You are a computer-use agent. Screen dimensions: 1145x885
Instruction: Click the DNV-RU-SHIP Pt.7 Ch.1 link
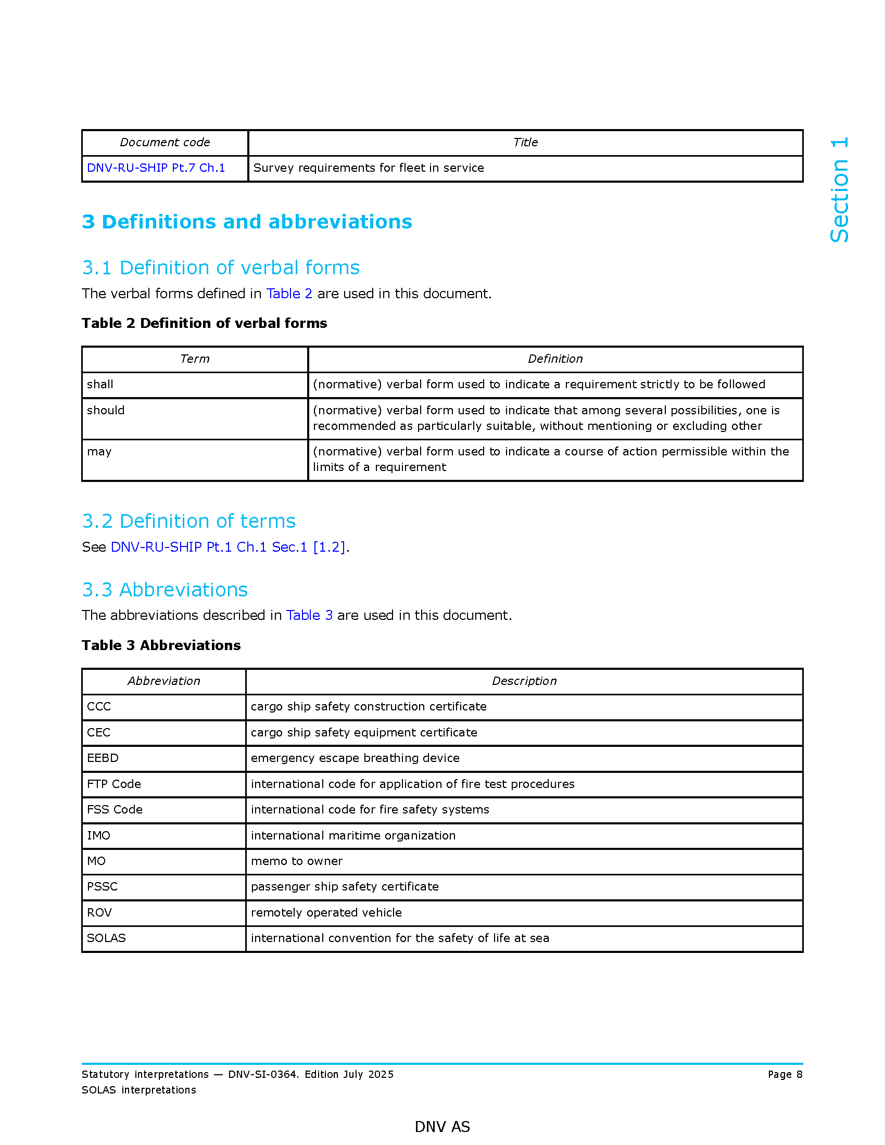156,168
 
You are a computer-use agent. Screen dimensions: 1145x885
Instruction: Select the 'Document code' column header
165,142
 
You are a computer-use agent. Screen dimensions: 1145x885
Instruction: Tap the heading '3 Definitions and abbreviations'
247,222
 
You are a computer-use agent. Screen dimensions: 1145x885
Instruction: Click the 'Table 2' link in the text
289,294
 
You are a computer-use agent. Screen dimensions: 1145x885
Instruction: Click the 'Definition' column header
555,359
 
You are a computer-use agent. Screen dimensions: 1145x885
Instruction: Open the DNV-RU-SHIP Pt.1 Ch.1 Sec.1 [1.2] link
228,547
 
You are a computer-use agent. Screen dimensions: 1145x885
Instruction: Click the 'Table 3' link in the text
309,615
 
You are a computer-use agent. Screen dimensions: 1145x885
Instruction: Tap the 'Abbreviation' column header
163,681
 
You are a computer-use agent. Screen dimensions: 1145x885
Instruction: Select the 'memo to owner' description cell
297,861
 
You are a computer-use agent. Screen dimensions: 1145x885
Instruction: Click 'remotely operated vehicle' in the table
326,912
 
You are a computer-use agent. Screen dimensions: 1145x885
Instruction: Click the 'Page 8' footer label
785,1074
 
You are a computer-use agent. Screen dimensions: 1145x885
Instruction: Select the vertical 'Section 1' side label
839,189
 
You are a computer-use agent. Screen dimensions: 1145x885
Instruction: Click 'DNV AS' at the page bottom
442,1126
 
